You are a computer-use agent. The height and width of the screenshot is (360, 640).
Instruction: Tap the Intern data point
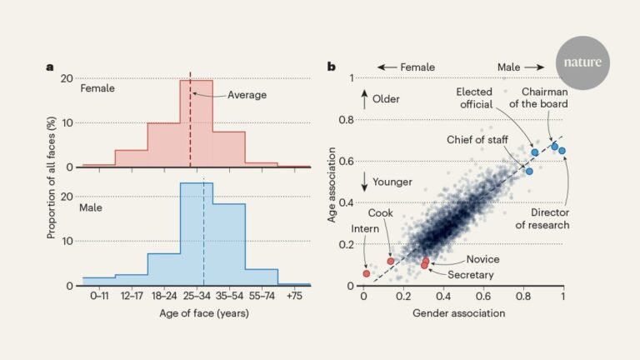(366, 273)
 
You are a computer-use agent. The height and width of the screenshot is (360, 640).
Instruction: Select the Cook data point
(390, 261)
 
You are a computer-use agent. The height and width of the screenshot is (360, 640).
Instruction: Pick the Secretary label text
(472, 275)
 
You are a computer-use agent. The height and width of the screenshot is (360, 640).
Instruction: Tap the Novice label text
(483, 259)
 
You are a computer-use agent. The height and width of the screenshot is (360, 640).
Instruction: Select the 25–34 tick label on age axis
(197, 295)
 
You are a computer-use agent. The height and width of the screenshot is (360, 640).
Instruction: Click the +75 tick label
(294, 295)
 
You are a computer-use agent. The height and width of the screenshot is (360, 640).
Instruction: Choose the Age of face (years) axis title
(196, 313)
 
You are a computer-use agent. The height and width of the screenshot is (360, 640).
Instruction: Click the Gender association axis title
(458, 312)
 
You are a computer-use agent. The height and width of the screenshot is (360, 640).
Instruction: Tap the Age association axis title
(332, 184)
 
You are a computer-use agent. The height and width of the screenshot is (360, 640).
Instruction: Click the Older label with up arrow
(382, 99)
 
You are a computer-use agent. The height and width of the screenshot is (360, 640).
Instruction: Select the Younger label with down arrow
(388, 182)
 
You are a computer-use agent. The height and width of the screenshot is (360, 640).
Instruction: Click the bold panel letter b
(332, 67)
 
